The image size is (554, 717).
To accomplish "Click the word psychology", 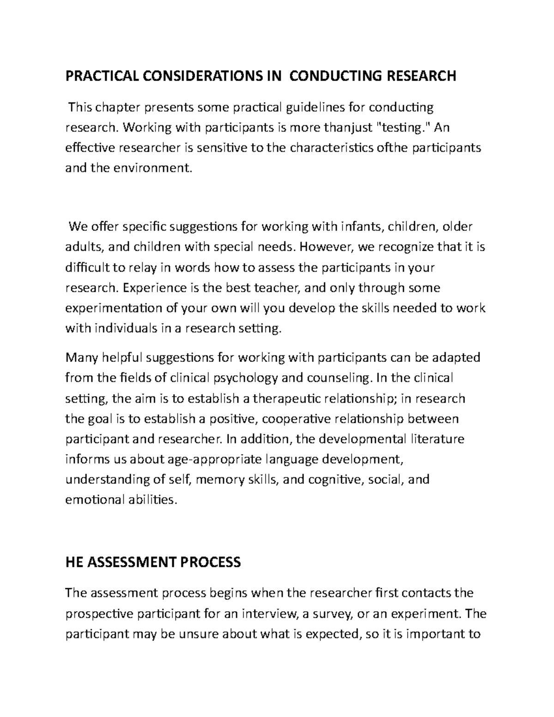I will click(x=245, y=378).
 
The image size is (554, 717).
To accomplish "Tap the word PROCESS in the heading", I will click(x=211, y=562).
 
